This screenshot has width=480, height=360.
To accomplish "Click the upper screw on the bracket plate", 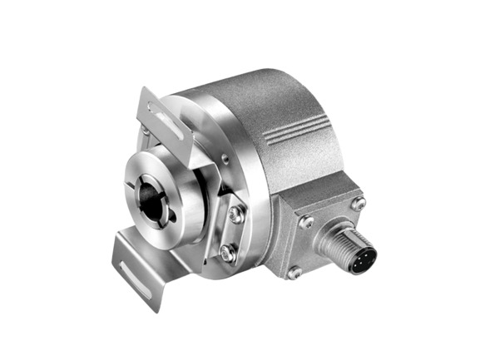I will point(236,214).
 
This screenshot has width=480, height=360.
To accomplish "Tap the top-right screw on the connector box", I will point(359,203).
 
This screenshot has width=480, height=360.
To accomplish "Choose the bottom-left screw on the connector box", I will point(294,271).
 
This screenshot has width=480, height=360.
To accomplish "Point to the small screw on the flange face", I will point(225,158).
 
